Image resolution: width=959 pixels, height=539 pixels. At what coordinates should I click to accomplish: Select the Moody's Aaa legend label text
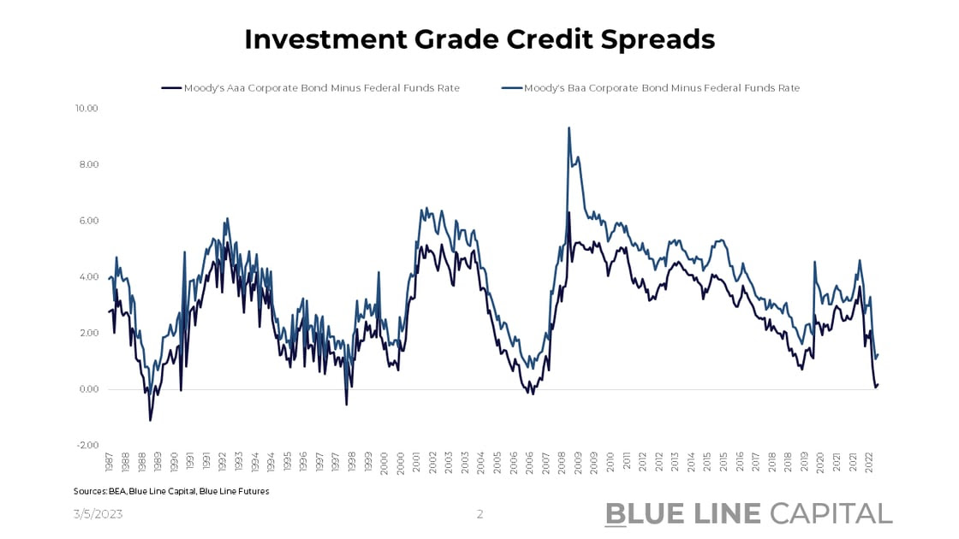(x=322, y=87)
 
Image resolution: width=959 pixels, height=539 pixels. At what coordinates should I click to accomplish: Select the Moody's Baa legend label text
(x=662, y=87)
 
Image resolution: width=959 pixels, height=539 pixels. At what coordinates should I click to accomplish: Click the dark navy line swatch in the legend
(x=171, y=87)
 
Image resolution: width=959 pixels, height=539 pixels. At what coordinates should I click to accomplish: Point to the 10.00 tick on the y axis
(x=87, y=109)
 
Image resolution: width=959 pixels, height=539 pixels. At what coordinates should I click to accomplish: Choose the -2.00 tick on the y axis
(x=87, y=445)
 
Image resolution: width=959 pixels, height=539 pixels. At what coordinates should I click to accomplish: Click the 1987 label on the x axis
(x=110, y=463)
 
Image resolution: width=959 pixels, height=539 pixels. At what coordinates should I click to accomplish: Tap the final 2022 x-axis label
(x=869, y=463)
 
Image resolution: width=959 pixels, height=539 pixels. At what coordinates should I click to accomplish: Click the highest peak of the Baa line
(x=569, y=127)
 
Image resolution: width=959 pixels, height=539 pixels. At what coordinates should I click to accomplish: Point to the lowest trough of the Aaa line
(x=151, y=420)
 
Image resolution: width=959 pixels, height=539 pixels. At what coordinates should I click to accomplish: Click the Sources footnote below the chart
(x=171, y=491)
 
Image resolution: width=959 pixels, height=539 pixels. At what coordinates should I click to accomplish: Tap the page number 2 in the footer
(x=479, y=514)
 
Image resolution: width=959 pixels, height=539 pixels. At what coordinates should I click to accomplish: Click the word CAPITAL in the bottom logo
(x=831, y=513)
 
